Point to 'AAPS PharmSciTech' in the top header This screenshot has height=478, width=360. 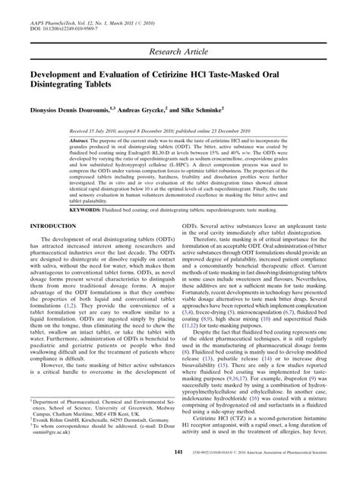click(x=54, y=9)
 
